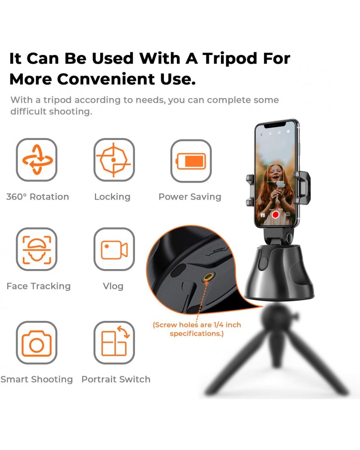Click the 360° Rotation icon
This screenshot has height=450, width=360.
(37, 159)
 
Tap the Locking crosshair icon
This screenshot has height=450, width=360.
(114, 159)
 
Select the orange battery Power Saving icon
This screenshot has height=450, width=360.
(191, 161)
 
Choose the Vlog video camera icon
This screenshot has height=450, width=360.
(114, 249)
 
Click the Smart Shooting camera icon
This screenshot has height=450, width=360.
(37, 342)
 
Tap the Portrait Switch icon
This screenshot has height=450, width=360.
(114, 342)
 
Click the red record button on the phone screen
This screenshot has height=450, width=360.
(275, 215)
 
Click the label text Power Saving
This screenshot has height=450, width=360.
(190, 197)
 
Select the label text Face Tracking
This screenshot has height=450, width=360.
(39, 286)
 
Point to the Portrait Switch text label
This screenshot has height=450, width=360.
(116, 379)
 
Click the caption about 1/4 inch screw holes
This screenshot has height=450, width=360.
(197, 329)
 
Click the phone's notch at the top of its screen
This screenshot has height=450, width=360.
(276, 123)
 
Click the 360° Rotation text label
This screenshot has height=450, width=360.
(38, 197)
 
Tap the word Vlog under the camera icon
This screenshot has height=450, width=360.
(113, 286)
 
